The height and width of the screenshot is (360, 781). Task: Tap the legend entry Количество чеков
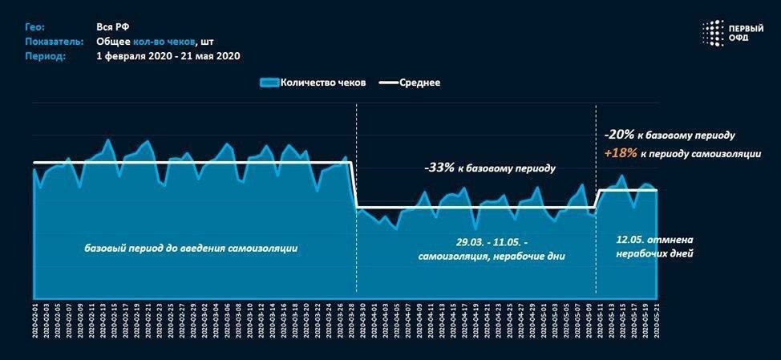[x=314, y=83]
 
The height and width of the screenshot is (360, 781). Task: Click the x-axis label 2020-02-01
[x=34, y=322]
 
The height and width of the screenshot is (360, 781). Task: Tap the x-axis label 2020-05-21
[x=657, y=322]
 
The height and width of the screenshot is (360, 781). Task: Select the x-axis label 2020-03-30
[x=362, y=322]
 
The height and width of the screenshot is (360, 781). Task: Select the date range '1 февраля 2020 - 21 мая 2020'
[x=168, y=56]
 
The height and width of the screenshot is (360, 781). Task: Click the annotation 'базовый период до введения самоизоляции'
[x=191, y=248]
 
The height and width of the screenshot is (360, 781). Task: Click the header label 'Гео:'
[x=35, y=26]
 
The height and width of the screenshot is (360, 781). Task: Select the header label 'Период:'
[x=45, y=56]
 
